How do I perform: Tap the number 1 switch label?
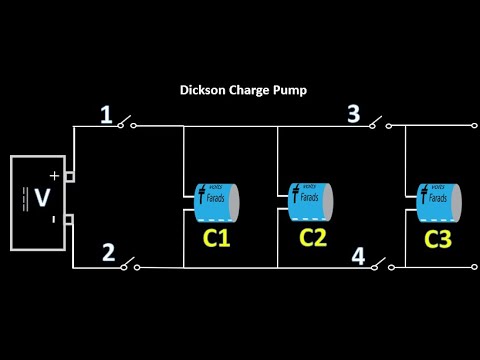click(106, 116)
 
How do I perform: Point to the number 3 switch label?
click(354, 114)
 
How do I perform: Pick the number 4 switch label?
click(357, 255)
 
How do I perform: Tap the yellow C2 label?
click(312, 237)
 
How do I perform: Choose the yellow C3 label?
click(438, 239)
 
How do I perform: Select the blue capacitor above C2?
click(310, 201)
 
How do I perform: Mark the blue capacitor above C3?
click(439, 203)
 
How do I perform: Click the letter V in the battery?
click(42, 198)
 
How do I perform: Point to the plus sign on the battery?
click(55, 177)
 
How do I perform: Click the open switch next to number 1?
click(126, 124)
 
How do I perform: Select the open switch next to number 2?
click(127, 265)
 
